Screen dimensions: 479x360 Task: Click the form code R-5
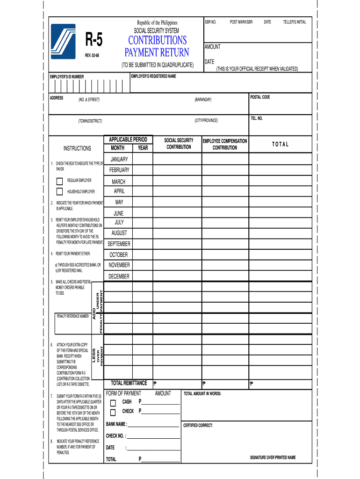point(94,42)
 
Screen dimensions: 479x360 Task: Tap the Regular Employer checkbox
point(59,181)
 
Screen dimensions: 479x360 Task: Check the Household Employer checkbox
point(59,191)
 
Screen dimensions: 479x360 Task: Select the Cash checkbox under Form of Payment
point(113,403)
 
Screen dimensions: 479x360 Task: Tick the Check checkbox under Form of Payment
point(113,412)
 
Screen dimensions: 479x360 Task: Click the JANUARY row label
point(119,160)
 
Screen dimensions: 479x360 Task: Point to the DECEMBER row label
point(119,276)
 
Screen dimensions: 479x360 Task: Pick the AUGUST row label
point(119,233)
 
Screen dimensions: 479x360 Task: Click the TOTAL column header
point(281,144)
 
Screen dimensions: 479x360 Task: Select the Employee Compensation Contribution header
point(225,144)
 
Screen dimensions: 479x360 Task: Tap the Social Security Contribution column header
point(179,144)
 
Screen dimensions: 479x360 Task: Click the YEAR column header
point(143,148)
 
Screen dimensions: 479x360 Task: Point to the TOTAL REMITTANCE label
point(129,383)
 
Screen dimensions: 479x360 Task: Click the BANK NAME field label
point(116,425)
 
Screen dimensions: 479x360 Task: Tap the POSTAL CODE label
point(260,97)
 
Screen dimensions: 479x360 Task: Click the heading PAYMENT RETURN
point(157,52)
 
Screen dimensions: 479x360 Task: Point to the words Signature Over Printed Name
point(273,457)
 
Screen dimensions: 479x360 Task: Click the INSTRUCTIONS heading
point(77,148)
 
